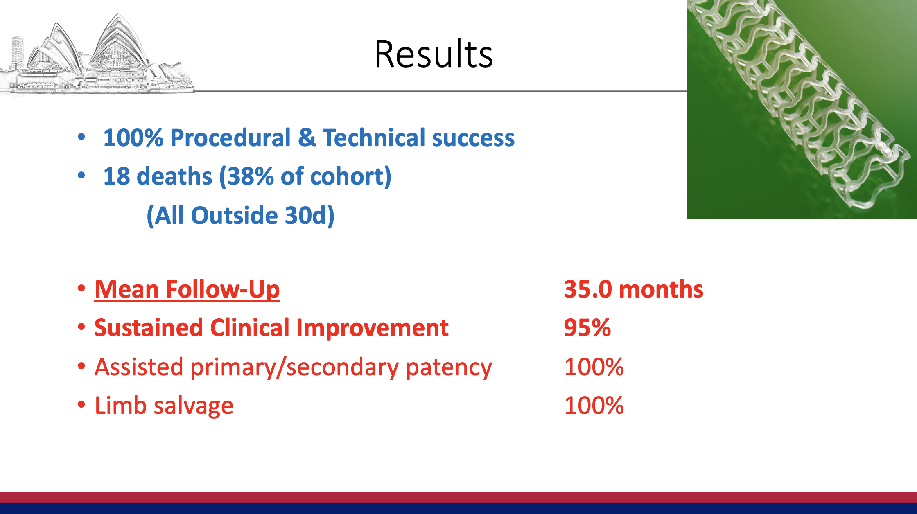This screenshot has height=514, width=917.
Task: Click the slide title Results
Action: point(434,54)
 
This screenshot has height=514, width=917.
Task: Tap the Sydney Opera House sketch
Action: point(97,54)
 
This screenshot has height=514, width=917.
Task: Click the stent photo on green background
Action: point(802,109)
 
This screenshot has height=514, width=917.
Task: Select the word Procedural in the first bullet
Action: point(230,138)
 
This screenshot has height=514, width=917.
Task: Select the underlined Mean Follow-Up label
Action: point(187,290)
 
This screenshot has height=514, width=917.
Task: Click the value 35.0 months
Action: point(634,290)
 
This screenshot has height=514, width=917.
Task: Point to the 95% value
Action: point(587,328)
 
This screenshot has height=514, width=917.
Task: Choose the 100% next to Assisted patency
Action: point(594,367)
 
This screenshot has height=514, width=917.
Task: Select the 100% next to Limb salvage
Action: point(594,406)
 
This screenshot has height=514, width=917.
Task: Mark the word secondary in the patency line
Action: point(342,367)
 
